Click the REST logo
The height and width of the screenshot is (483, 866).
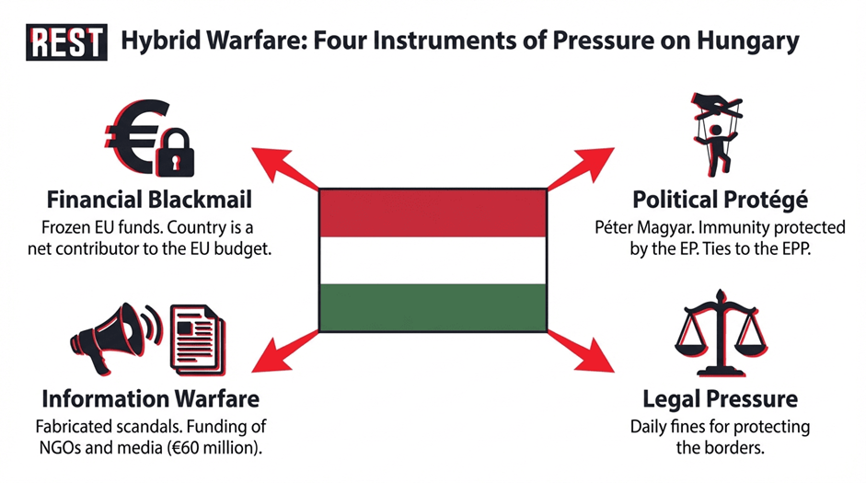point(66,42)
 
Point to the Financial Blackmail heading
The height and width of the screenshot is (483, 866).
point(149,200)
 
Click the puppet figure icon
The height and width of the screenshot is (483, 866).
point(716,134)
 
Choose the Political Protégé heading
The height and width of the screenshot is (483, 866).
point(721,200)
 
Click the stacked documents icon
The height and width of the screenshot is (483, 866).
point(198,340)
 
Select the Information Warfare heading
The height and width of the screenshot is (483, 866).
point(150,398)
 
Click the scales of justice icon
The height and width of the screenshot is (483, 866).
point(721,333)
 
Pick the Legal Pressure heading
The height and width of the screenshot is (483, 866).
point(721,399)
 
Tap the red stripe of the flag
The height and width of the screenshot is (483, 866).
point(433,213)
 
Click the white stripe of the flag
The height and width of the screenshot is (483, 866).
point(433,260)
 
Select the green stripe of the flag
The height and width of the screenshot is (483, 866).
point(433,307)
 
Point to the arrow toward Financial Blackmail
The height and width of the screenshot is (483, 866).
point(285,168)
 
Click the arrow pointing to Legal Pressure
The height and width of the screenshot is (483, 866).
point(581,351)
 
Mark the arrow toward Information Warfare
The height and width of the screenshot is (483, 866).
point(285,351)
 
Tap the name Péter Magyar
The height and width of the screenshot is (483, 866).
point(636,228)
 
